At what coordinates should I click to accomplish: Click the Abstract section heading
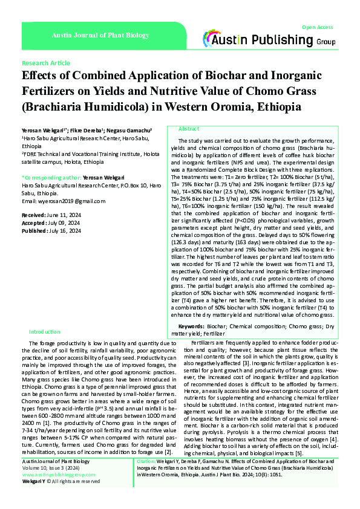coord(189,129)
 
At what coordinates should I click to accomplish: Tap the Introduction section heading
coord(45,332)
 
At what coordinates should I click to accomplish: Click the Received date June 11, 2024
coord(62,215)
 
